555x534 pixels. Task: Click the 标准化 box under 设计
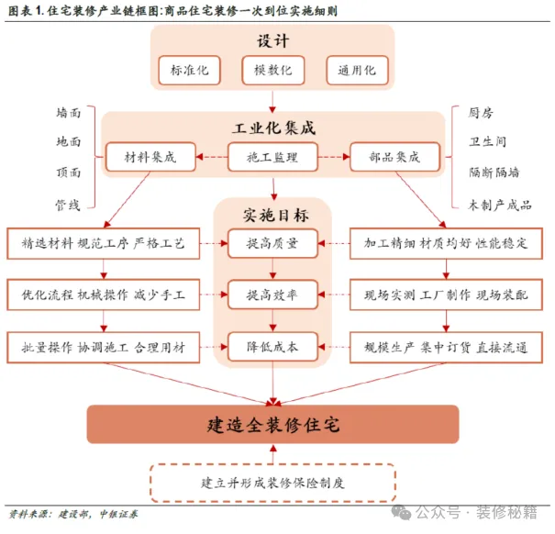(x=189, y=71)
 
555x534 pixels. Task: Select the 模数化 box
(x=272, y=71)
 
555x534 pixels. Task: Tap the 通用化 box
(x=357, y=71)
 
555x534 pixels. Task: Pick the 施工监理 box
(x=272, y=157)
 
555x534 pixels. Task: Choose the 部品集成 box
(x=396, y=157)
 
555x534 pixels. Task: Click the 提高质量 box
(x=272, y=244)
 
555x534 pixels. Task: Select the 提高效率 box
(x=272, y=295)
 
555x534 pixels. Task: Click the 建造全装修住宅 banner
(x=273, y=425)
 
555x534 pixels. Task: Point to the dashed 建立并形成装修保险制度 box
(x=272, y=482)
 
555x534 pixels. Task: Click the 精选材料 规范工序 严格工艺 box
(x=103, y=244)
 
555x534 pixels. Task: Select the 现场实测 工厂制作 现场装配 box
(x=447, y=295)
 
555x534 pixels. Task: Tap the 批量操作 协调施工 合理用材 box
(x=103, y=347)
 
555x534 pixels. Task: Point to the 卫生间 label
(x=486, y=142)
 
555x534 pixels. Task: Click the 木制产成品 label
(x=499, y=204)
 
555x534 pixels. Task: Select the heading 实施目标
(x=272, y=214)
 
